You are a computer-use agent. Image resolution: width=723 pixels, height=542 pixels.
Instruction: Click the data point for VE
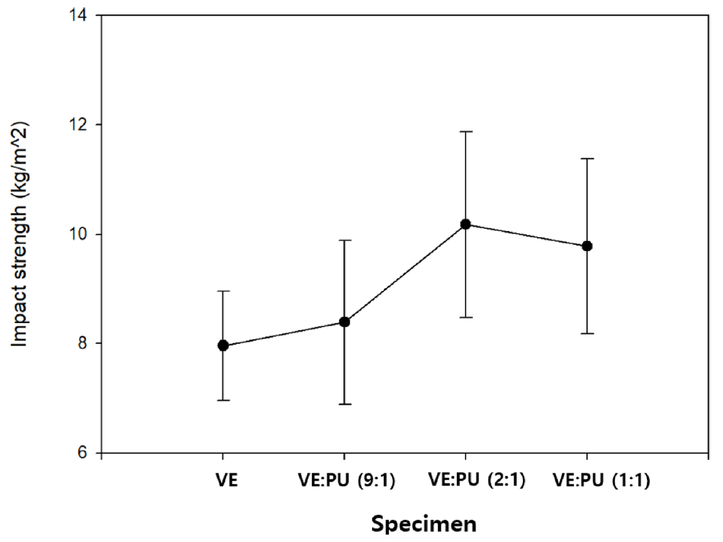coord(223,346)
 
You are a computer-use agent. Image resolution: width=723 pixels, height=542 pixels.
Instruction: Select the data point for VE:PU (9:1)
coord(344,322)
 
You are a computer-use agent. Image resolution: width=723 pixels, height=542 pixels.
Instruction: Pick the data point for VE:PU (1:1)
coord(587,246)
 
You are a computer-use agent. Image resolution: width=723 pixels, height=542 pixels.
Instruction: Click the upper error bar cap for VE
coord(223,291)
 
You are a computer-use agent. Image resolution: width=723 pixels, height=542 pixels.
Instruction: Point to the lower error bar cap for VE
coord(223,401)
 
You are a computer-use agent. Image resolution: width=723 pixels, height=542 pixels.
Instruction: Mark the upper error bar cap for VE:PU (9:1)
coord(344,240)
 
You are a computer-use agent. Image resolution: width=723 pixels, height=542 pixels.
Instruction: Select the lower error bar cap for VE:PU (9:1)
coord(344,404)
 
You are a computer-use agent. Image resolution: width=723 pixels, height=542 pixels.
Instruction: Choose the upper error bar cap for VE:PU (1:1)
coord(587,158)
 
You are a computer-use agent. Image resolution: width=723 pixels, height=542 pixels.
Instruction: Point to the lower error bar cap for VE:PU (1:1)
coord(587,333)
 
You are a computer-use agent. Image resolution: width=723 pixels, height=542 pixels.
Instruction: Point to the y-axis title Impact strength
coord(22,234)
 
